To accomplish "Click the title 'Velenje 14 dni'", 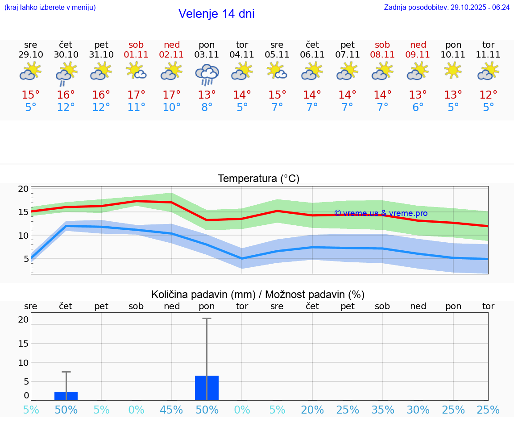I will (216, 14).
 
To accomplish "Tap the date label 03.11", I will (207, 55).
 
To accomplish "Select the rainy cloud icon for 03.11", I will (207, 74).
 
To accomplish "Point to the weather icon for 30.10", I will (66, 73).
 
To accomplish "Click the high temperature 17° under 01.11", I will (136, 95).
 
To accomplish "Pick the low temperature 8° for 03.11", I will (207, 108).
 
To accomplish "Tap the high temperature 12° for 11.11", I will (488, 95).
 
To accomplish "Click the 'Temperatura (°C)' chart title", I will (258, 179).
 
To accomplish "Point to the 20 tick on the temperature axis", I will (23, 189).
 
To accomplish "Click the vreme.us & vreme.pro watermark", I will (381, 213).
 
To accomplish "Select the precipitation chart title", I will (258, 294).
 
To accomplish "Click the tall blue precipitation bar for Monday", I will (207, 388).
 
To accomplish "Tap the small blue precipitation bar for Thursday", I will (66, 396).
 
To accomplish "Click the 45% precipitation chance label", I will (171, 410).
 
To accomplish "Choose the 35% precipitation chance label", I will (382, 410).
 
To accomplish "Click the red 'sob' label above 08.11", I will (382, 45).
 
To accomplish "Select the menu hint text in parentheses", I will (50, 8).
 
